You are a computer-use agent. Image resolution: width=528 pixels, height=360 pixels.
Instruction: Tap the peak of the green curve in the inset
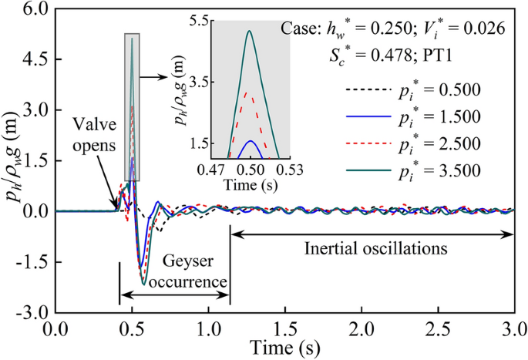click(249, 31)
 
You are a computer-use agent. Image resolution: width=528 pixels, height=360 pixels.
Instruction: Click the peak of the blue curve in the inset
click(249, 141)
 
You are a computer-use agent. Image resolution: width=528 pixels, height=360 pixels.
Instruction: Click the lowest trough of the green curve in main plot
click(144, 285)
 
